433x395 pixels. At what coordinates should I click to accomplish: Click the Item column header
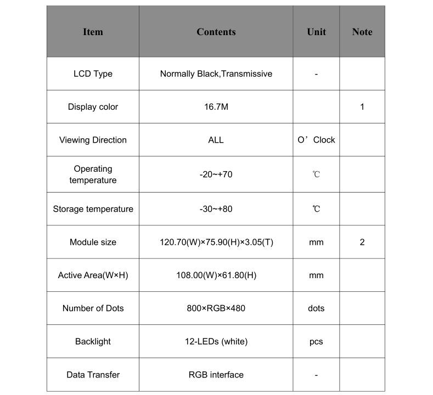pyautogui.click(x=93, y=32)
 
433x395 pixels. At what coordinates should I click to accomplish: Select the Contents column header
pyautogui.click(x=216, y=32)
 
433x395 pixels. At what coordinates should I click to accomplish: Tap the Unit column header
pyautogui.click(x=316, y=32)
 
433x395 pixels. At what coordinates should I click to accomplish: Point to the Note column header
pyautogui.click(x=362, y=32)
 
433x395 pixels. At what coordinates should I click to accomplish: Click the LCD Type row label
pyautogui.click(x=93, y=74)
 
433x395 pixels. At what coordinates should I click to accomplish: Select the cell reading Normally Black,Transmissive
pyautogui.click(x=216, y=74)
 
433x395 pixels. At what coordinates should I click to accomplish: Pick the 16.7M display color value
pyautogui.click(x=216, y=107)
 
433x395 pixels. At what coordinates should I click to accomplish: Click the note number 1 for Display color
pyautogui.click(x=362, y=107)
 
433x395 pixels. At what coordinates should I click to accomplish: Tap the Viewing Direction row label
pyautogui.click(x=93, y=140)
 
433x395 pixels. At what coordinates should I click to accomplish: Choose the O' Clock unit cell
pyautogui.click(x=316, y=140)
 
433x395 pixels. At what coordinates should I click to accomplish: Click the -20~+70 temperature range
pyautogui.click(x=216, y=174)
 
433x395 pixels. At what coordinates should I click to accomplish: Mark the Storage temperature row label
pyautogui.click(x=93, y=209)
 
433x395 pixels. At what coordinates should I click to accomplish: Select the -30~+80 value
pyautogui.click(x=216, y=209)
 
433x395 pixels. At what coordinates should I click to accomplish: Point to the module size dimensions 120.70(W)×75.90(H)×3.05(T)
pyautogui.click(x=216, y=242)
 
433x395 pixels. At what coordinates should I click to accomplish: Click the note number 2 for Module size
pyautogui.click(x=362, y=242)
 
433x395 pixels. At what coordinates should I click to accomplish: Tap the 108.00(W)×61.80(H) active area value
pyautogui.click(x=216, y=275)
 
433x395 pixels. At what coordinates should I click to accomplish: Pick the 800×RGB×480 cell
pyautogui.click(x=216, y=308)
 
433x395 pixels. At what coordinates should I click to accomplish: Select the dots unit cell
pyautogui.click(x=316, y=308)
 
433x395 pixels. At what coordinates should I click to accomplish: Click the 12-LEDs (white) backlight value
pyautogui.click(x=216, y=341)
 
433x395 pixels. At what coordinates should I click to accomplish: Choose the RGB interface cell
pyautogui.click(x=216, y=375)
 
